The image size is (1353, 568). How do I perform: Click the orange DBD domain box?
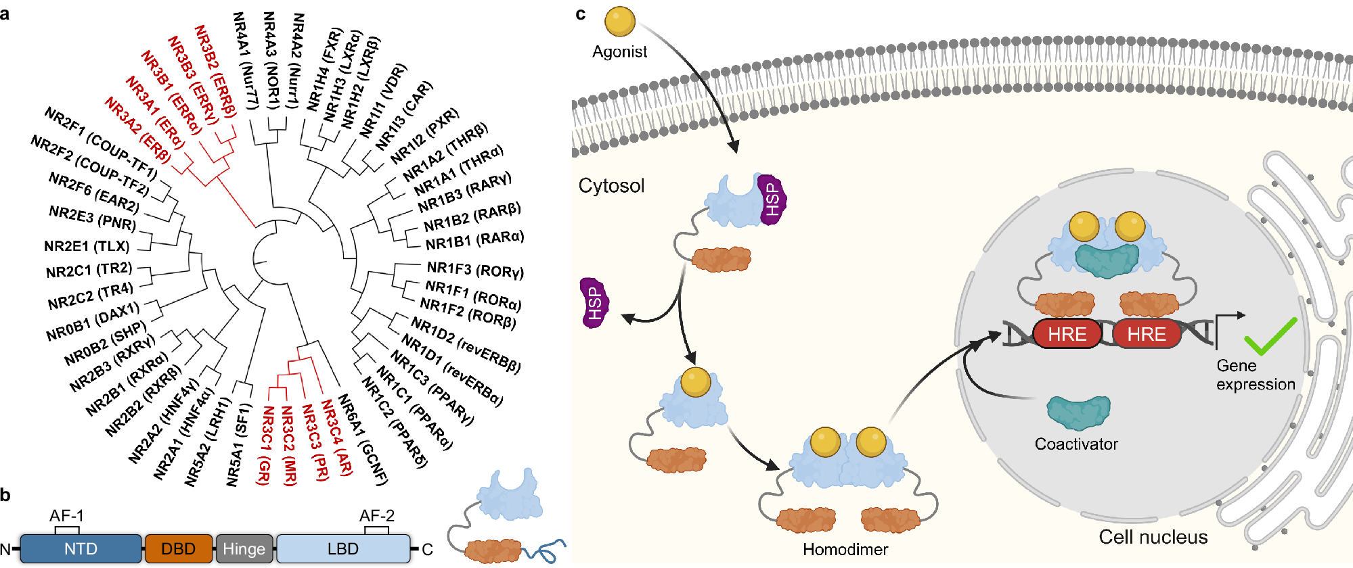[x=178, y=548]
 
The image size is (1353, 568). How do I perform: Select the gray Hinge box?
[x=244, y=548]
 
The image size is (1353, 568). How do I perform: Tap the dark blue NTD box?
[x=81, y=548]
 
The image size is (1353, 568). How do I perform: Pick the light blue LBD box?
[x=342, y=548]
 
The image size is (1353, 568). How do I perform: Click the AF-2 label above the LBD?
[x=376, y=515]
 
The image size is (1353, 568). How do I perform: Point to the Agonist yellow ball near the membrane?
[x=619, y=22]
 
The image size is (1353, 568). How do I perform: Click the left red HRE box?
[x=1067, y=334]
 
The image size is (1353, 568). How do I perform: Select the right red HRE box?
[x=1146, y=334]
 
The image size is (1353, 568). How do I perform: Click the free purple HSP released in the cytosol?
[x=594, y=303]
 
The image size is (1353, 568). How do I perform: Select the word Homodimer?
[x=845, y=550]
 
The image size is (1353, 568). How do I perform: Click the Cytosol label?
[x=611, y=186]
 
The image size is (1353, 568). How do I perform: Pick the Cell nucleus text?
[x=1153, y=538]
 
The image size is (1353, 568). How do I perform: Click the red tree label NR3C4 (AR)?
[x=337, y=437]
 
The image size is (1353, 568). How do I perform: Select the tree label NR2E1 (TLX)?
[x=87, y=246]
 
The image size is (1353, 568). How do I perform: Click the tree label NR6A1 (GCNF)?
[x=363, y=440]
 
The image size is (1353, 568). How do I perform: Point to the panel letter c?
[x=580, y=14]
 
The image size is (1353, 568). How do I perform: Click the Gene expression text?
[x=1255, y=375]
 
